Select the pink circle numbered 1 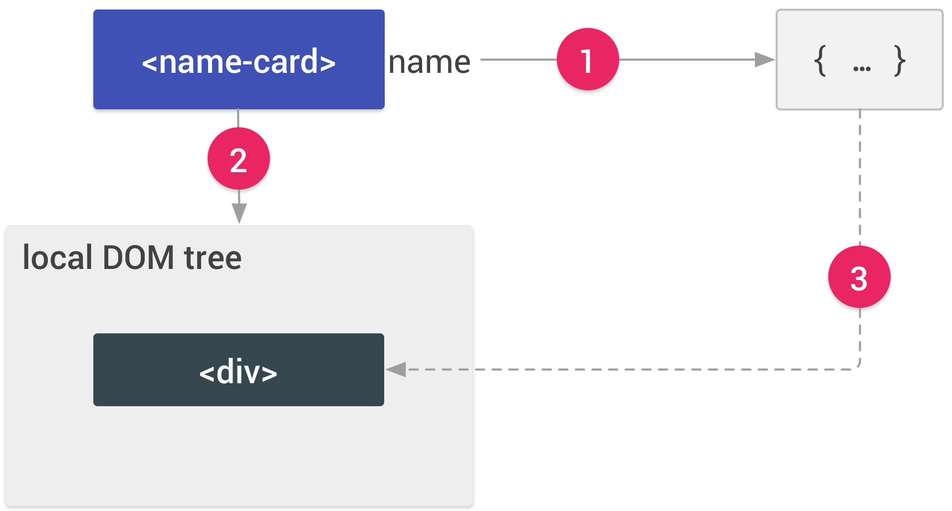588,59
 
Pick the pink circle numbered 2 238,159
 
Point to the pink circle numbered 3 859,276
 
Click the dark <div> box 238,370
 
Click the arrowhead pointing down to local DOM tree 239,214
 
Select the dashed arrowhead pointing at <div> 396,370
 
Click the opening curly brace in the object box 820,61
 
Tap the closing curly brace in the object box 900,61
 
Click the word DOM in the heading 138,258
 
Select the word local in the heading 58,258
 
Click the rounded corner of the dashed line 858,367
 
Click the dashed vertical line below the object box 860,175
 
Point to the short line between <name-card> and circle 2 238,118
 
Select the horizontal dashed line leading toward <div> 624,370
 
